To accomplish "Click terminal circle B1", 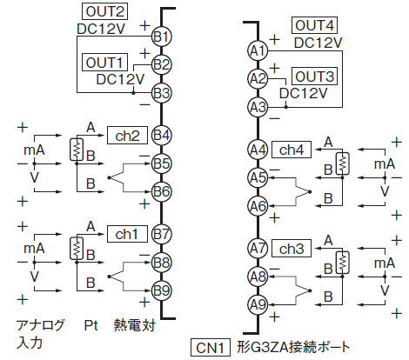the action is (162, 37).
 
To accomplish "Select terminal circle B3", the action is (162, 93).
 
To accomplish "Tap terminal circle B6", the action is (162, 191).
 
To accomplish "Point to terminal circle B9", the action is (162, 290).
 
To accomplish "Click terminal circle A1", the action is (258, 51).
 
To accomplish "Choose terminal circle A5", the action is (258, 177).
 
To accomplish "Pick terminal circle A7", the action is (258, 249).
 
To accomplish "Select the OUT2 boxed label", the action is (104, 11).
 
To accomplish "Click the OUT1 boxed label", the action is (104, 62).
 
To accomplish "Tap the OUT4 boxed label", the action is (314, 25).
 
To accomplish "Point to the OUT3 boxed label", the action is (314, 77).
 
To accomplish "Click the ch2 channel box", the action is (127, 136).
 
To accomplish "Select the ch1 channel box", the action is (127, 234).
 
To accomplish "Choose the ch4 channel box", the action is (292, 150).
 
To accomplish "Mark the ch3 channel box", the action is (292, 249).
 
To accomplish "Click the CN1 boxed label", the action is (211, 347).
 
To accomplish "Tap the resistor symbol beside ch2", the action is (77, 150).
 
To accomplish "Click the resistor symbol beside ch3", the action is (343, 263).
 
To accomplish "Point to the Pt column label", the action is (91, 325).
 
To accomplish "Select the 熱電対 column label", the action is (135, 325).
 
